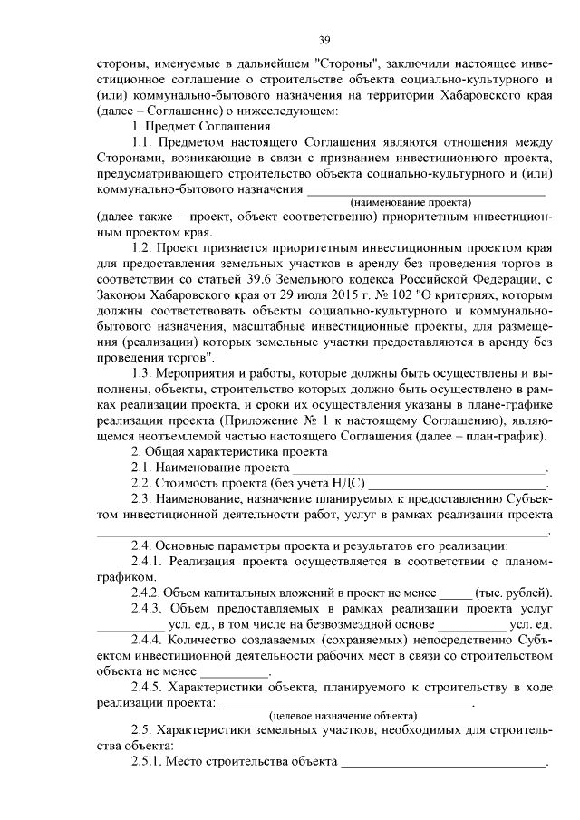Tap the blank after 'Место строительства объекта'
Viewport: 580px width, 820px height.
coord(443,763)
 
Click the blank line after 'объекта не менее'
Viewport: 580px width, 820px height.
coord(234,673)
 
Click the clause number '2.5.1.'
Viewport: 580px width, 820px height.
coord(147,761)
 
